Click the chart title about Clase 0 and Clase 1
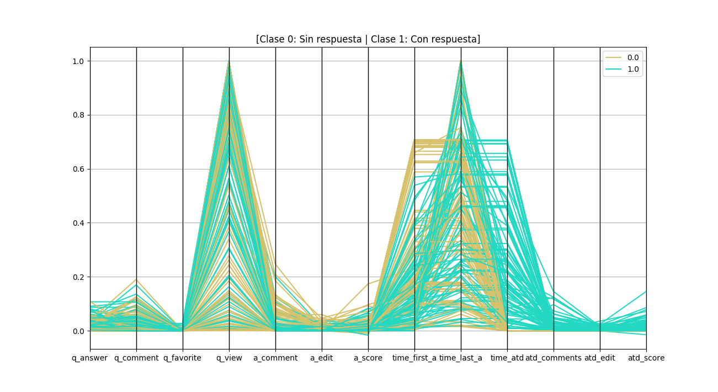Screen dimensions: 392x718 [x=368, y=39]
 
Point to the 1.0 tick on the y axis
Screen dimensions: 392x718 [x=78, y=61]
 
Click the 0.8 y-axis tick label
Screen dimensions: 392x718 [x=78, y=115]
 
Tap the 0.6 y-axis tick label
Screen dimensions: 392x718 [x=78, y=169]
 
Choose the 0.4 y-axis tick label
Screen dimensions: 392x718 [x=78, y=223]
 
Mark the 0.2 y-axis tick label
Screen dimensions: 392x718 [x=78, y=277]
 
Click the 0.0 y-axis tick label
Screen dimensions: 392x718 [x=78, y=331]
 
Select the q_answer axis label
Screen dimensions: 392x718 [x=90, y=358]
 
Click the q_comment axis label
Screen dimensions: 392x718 [x=136, y=358]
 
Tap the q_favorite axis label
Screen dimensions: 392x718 [x=183, y=358]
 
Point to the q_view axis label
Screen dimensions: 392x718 [x=229, y=358]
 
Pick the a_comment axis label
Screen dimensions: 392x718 [x=275, y=358]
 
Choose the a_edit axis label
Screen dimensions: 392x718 [x=322, y=358]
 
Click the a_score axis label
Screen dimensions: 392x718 [x=368, y=358]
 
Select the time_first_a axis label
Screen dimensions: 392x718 [x=414, y=358]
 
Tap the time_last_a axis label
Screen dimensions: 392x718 [x=461, y=358]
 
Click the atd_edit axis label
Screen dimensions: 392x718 [x=600, y=358]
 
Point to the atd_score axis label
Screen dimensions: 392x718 [x=646, y=358]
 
